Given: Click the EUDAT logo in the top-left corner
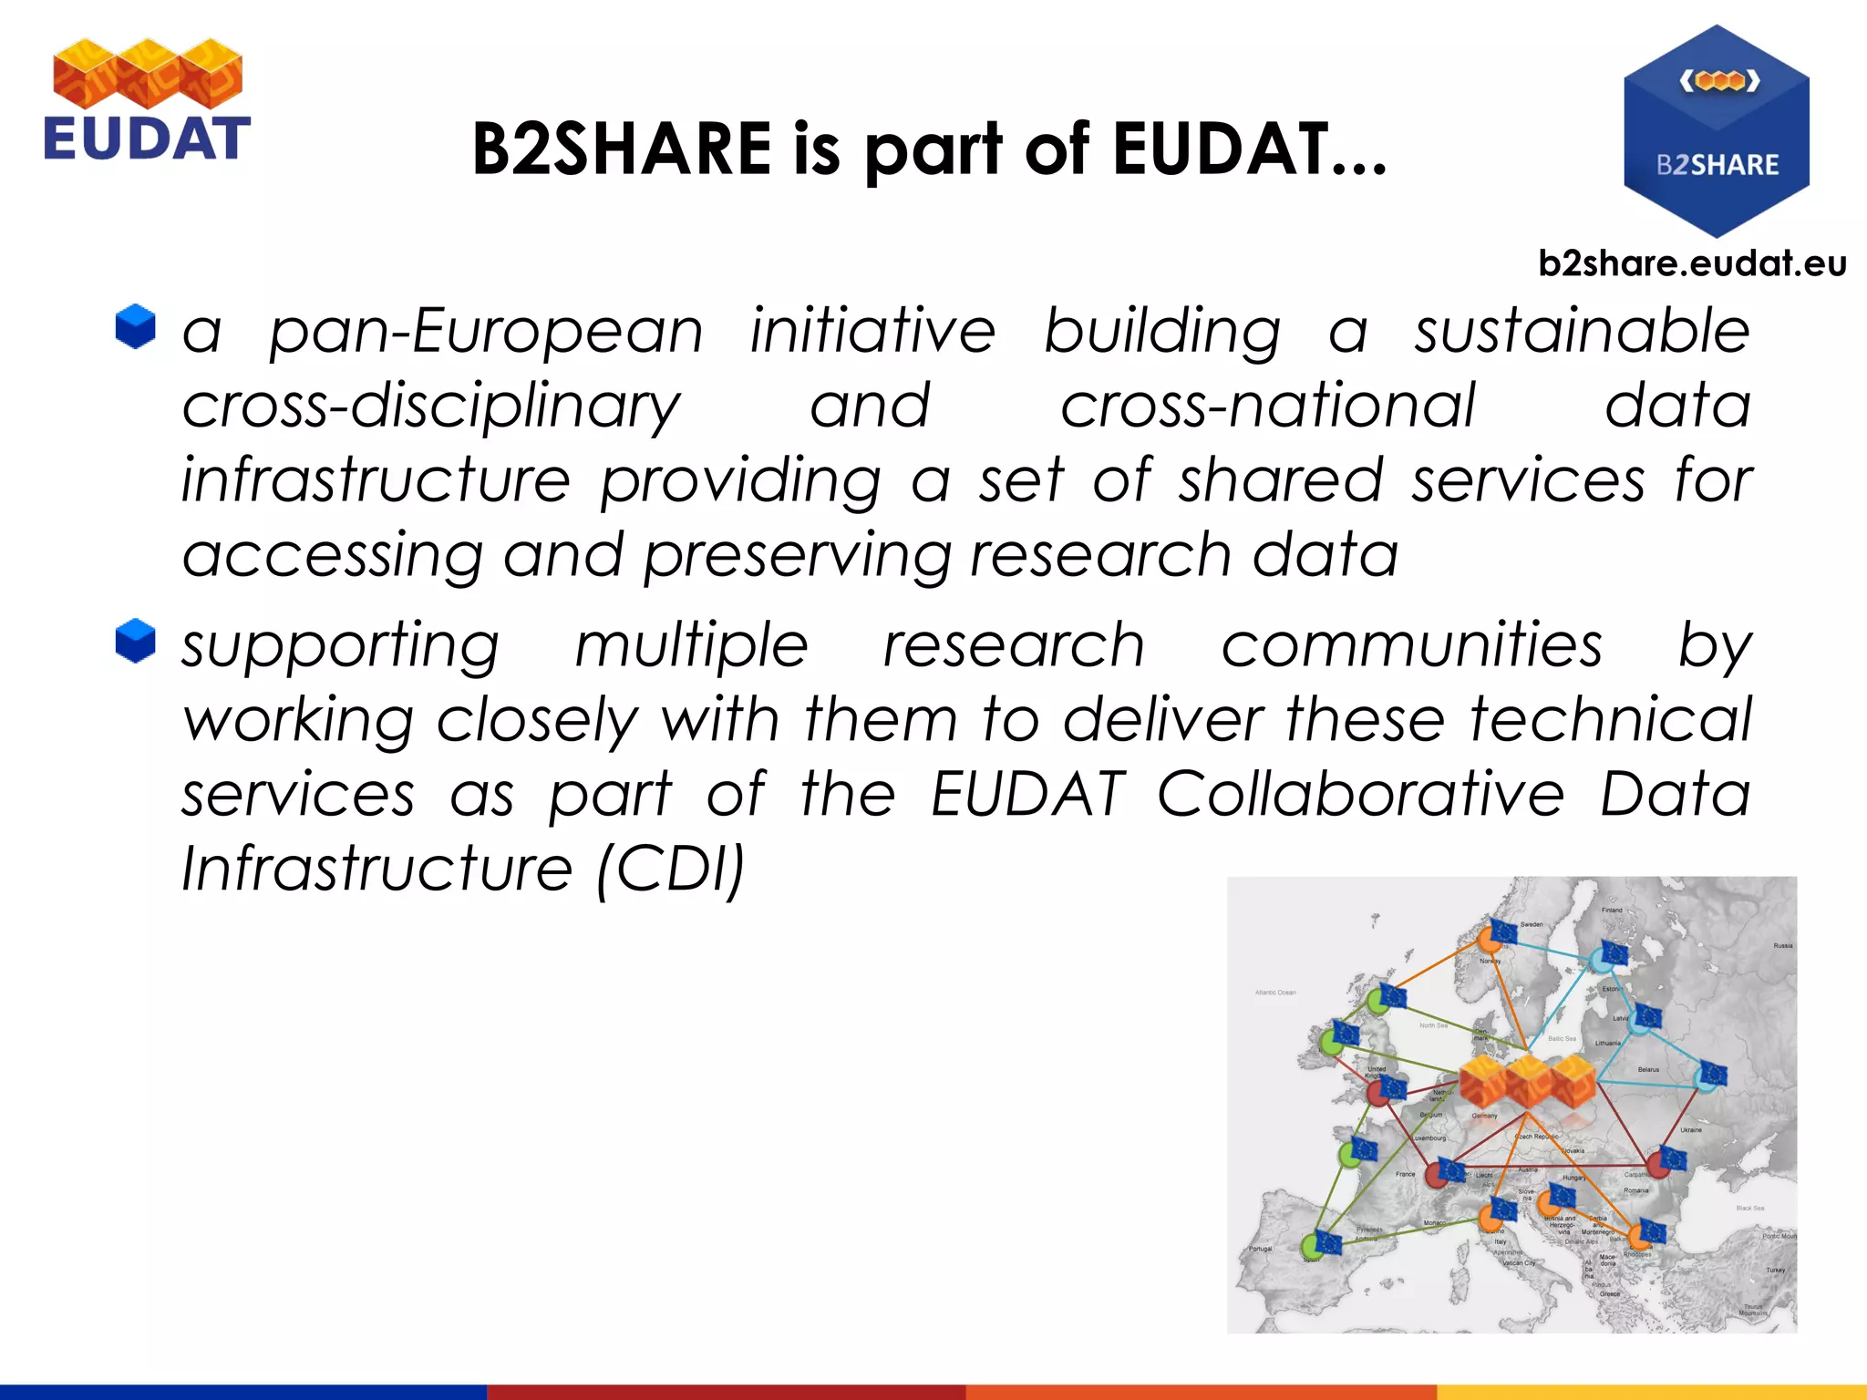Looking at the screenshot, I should pos(147,100).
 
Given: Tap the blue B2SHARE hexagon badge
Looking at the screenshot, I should pos(1716,130).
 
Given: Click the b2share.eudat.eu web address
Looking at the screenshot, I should pos(1692,263).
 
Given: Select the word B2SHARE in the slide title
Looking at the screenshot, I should pos(623,149).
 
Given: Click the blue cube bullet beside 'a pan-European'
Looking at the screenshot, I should pos(136,326).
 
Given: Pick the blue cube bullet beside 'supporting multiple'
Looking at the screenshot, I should pos(136,641).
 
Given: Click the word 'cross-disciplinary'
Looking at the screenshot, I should pos(431,407).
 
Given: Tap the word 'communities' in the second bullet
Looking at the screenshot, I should pos(1411,645).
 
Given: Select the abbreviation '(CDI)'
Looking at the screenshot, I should pos(671,869).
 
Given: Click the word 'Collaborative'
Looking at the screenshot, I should pos(1360,794).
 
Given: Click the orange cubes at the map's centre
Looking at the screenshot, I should pos(1527,1081).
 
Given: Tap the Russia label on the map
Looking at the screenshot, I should pos(1782,946).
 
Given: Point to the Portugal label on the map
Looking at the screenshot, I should pos(1261,1249).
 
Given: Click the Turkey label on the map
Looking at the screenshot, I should pos(1775,1270).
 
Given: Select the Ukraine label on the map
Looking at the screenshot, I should pos(1691,1130).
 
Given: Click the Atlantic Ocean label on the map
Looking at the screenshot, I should pos(1275,993).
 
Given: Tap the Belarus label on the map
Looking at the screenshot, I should pos(1648,1069).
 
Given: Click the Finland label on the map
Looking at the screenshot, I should pos(1612,910).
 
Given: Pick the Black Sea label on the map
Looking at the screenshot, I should pos(1749,1209).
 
